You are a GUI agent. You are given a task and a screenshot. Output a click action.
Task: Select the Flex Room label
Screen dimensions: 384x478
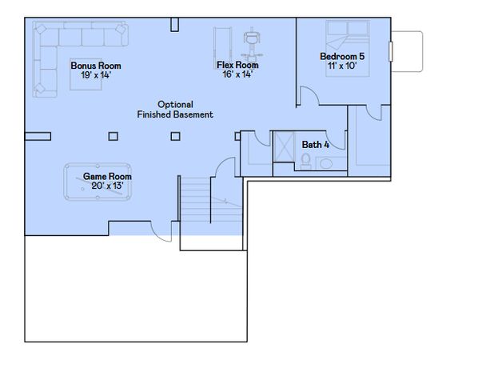coord(237,65)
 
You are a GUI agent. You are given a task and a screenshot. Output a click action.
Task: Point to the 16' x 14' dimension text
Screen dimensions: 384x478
coord(237,74)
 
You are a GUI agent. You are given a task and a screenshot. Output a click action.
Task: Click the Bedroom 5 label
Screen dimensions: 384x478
coord(342,56)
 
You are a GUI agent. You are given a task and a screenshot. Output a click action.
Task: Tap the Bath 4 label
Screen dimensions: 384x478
coord(316,144)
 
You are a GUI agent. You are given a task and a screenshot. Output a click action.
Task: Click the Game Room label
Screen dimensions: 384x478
coord(108,177)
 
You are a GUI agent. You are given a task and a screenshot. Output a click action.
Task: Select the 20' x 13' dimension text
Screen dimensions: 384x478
coord(108,186)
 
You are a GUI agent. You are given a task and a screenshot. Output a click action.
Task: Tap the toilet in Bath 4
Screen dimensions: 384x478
coord(306,161)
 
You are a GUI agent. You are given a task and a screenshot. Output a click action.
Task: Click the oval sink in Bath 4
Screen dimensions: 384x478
coord(327,164)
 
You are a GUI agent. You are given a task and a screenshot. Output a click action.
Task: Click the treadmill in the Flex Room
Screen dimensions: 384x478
coord(223,43)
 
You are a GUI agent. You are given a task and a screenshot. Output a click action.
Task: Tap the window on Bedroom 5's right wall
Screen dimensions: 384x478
coord(391,51)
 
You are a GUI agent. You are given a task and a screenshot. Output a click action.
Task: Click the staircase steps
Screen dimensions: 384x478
coord(194,204)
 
